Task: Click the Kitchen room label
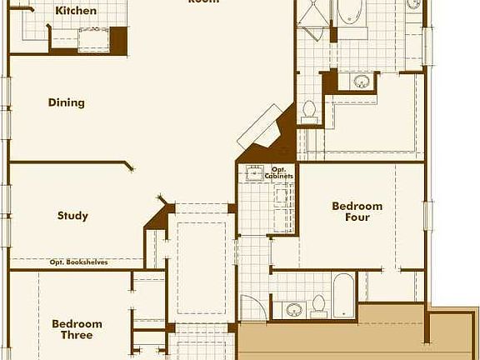pyautogui.click(x=75, y=12)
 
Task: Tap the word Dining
pyautogui.click(x=67, y=103)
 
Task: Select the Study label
pyautogui.click(x=72, y=216)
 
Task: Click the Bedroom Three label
pyautogui.click(x=77, y=329)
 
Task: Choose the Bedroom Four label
pyautogui.click(x=357, y=212)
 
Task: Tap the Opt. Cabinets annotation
pyautogui.click(x=278, y=173)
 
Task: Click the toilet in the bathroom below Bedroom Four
pyautogui.click(x=318, y=306)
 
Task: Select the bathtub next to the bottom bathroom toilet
pyautogui.click(x=344, y=297)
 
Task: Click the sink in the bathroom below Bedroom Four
pyautogui.click(x=293, y=309)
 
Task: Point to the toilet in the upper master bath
pyautogui.click(x=308, y=109)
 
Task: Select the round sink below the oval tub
pyautogui.click(x=362, y=82)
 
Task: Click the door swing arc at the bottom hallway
pyautogui.click(x=252, y=305)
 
